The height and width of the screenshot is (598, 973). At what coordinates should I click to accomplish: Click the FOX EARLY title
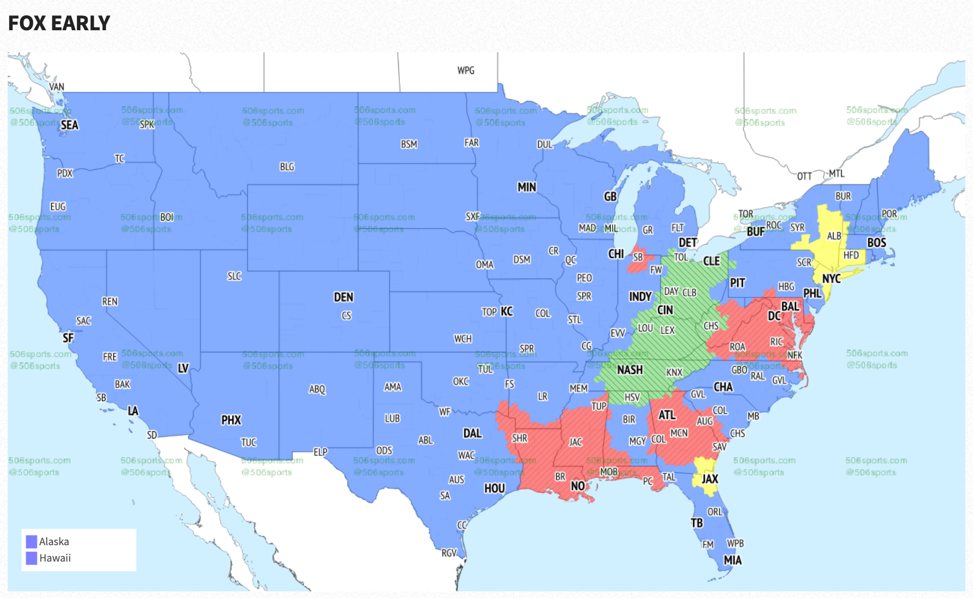click(59, 23)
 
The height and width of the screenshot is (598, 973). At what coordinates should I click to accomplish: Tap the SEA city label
click(69, 125)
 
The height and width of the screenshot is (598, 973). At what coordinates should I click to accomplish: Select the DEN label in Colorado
click(343, 297)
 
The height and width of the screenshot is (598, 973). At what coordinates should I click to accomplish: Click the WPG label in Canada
click(465, 70)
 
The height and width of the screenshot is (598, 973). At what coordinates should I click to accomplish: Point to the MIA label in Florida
click(733, 560)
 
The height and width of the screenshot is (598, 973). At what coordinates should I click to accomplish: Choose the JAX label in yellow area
click(710, 479)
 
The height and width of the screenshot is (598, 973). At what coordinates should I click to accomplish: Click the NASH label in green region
click(630, 370)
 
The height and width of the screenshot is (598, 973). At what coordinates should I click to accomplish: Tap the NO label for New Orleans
click(578, 486)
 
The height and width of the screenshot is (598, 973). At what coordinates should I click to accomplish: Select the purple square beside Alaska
click(32, 542)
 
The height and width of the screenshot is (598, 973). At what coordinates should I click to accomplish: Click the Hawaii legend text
click(55, 558)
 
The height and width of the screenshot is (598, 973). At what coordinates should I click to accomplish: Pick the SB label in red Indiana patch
click(638, 257)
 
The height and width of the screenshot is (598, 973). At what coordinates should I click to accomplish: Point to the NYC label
click(831, 278)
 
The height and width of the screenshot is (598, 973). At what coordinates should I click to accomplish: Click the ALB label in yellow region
click(834, 236)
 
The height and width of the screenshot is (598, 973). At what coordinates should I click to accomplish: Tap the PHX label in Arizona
click(231, 420)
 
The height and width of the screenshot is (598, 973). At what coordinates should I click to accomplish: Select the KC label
click(506, 311)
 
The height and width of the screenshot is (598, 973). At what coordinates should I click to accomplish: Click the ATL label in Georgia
click(667, 415)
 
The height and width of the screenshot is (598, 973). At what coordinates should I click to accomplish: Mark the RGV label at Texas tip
click(449, 553)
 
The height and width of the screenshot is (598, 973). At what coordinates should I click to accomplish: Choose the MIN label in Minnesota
click(526, 187)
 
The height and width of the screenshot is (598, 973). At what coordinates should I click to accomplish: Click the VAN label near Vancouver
click(56, 87)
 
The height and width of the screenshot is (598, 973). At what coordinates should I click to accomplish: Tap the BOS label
click(877, 243)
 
